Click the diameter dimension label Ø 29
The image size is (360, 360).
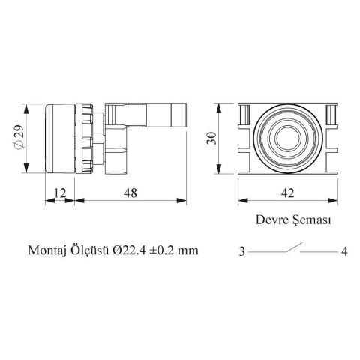(19, 137)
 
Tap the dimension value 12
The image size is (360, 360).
(60, 193)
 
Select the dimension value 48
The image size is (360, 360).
(130, 193)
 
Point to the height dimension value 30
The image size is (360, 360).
(211, 138)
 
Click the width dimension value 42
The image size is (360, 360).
(288, 193)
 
